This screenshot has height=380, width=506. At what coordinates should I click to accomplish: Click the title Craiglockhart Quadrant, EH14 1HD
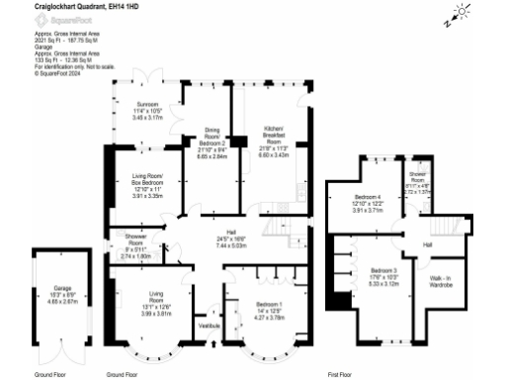point(78,6)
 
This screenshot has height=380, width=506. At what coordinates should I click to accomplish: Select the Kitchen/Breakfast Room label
point(273,134)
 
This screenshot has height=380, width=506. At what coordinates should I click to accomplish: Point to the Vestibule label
point(210,325)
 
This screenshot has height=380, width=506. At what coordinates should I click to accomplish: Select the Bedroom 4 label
point(367,197)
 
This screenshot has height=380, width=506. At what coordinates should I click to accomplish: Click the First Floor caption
point(341,375)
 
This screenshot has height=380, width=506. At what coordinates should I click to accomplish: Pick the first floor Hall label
point(428,242)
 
